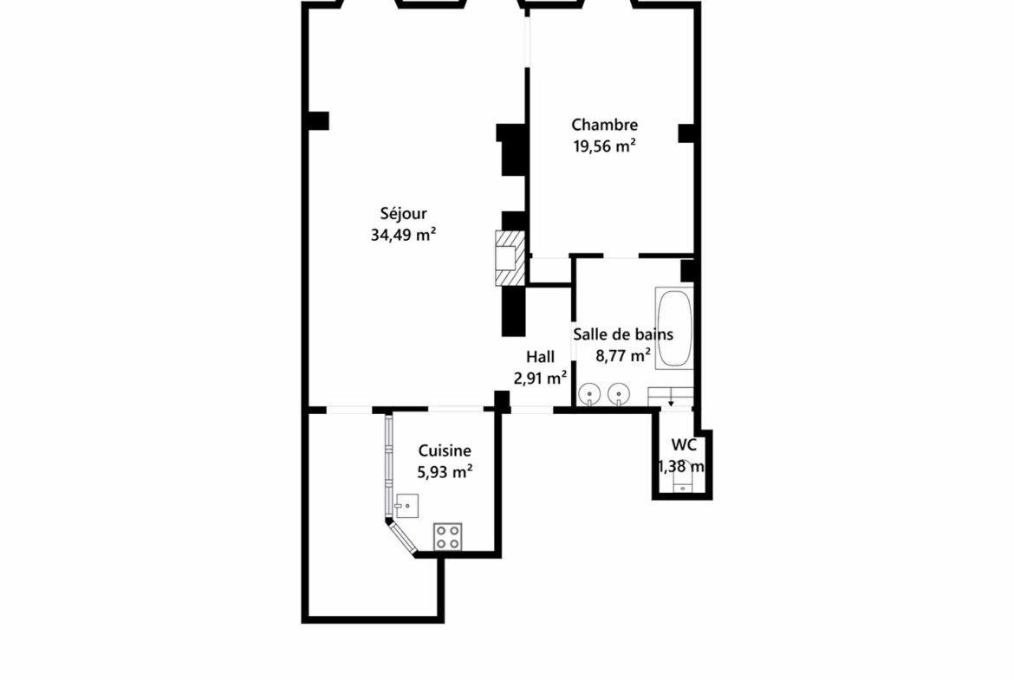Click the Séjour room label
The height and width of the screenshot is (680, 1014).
coord(403,214)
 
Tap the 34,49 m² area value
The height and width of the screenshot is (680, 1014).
coord(403,235)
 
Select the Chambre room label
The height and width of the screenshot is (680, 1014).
coord(604,125)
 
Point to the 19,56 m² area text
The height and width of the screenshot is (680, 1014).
coord(604,146)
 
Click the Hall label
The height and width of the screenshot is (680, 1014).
coord(540,357)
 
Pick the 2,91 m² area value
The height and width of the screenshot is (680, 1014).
coord(540,378)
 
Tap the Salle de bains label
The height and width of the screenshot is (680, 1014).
coord(623,334)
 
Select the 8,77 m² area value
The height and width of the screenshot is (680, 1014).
coord(623,355)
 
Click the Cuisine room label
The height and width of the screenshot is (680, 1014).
coord(445,450)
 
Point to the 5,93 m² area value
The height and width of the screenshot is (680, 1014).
coord(445,472)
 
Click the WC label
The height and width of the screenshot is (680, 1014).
coord(684,444)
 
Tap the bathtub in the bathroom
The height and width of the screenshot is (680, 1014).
coord(674,328)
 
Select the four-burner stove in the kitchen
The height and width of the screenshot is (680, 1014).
coord(447,536)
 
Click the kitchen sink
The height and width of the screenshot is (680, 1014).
coord(406,506)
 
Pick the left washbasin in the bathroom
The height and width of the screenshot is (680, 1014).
coord(589,393)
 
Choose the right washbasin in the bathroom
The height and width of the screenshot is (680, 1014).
coord(619,393)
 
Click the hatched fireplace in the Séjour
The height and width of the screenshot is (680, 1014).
coord(510,258)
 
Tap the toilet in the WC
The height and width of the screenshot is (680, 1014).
coord(683,478)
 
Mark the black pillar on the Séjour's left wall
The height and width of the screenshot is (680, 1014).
coord(318,121)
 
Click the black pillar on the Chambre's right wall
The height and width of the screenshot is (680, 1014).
coord(686,133)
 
